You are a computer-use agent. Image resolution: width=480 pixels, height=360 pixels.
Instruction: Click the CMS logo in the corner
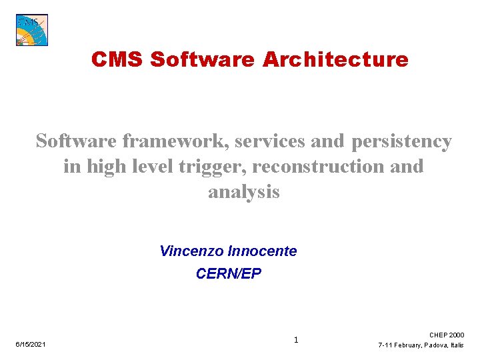32,30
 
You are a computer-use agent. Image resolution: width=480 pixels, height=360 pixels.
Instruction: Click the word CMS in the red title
117,59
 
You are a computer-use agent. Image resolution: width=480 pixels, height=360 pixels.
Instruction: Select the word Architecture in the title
335,59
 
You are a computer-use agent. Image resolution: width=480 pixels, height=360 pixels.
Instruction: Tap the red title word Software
203,59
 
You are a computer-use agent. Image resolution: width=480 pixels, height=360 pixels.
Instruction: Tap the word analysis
244,192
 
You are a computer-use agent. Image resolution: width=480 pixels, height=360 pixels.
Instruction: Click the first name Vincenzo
192,251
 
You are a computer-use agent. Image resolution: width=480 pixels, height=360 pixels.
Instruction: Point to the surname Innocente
262,251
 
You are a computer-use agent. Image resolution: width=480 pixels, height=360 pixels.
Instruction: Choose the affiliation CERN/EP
229,273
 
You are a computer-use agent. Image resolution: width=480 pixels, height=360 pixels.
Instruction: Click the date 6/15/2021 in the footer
31,344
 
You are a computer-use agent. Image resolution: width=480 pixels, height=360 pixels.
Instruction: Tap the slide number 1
296,340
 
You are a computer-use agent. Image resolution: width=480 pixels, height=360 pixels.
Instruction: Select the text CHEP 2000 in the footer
447,335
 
